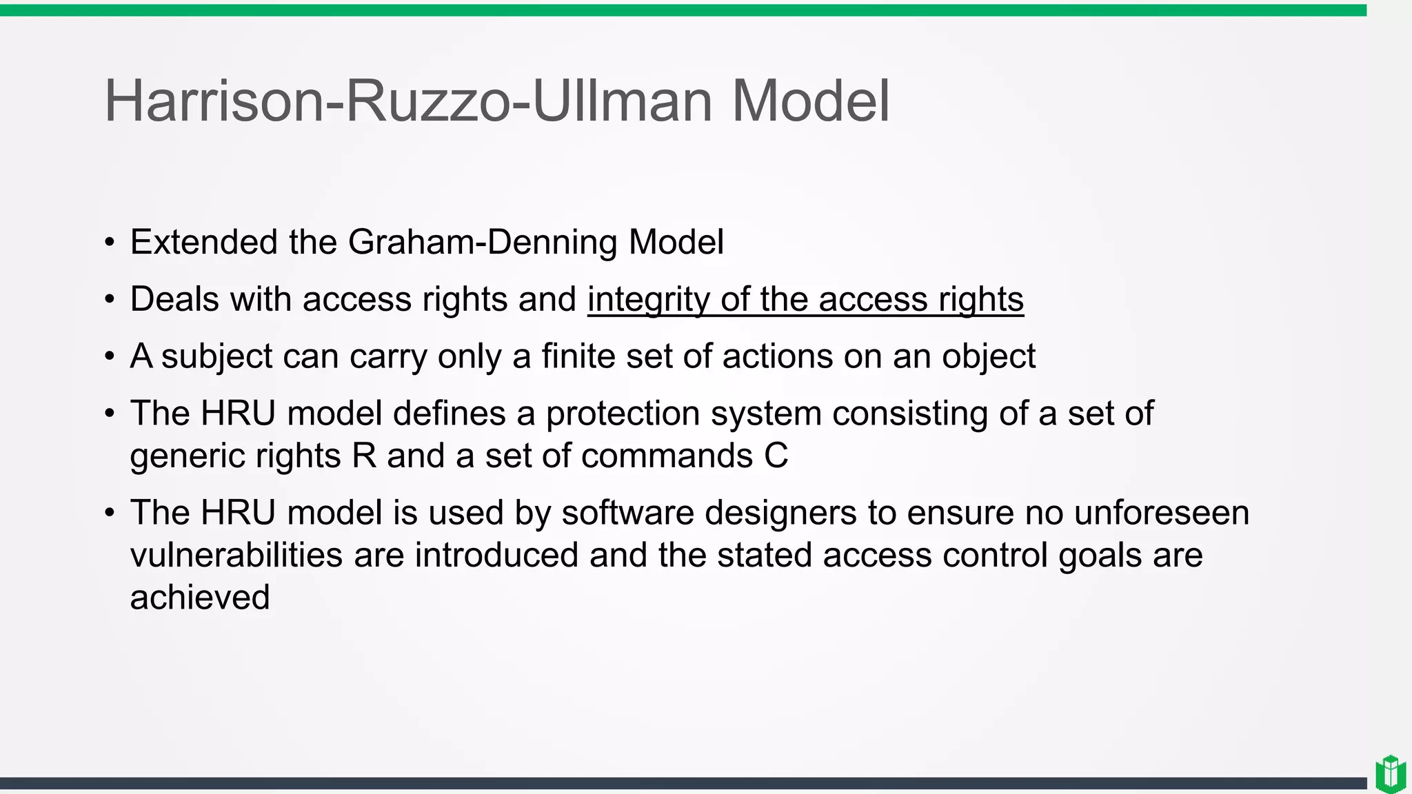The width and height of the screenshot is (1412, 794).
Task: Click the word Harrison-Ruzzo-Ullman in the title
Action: [x=407, y=101]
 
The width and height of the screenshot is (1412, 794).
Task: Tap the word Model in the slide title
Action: [x=810, y=101]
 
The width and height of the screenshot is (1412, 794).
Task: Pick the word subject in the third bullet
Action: [x=216, y=357]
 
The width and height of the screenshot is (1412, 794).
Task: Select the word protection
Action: [x=623, y=414]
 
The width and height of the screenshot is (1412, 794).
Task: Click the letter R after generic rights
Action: [x=364, y=456]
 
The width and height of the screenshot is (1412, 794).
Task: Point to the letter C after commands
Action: [x=776, y=456]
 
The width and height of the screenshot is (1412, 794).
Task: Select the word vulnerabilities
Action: [x=236, y=556]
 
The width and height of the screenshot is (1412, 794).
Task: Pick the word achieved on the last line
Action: [x=200, y=598]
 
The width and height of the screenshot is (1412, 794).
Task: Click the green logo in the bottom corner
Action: [x=1390, y=774]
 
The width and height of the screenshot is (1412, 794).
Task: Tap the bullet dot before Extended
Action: [x=110, y=243]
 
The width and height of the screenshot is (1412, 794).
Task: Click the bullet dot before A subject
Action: [x=110, y=357]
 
